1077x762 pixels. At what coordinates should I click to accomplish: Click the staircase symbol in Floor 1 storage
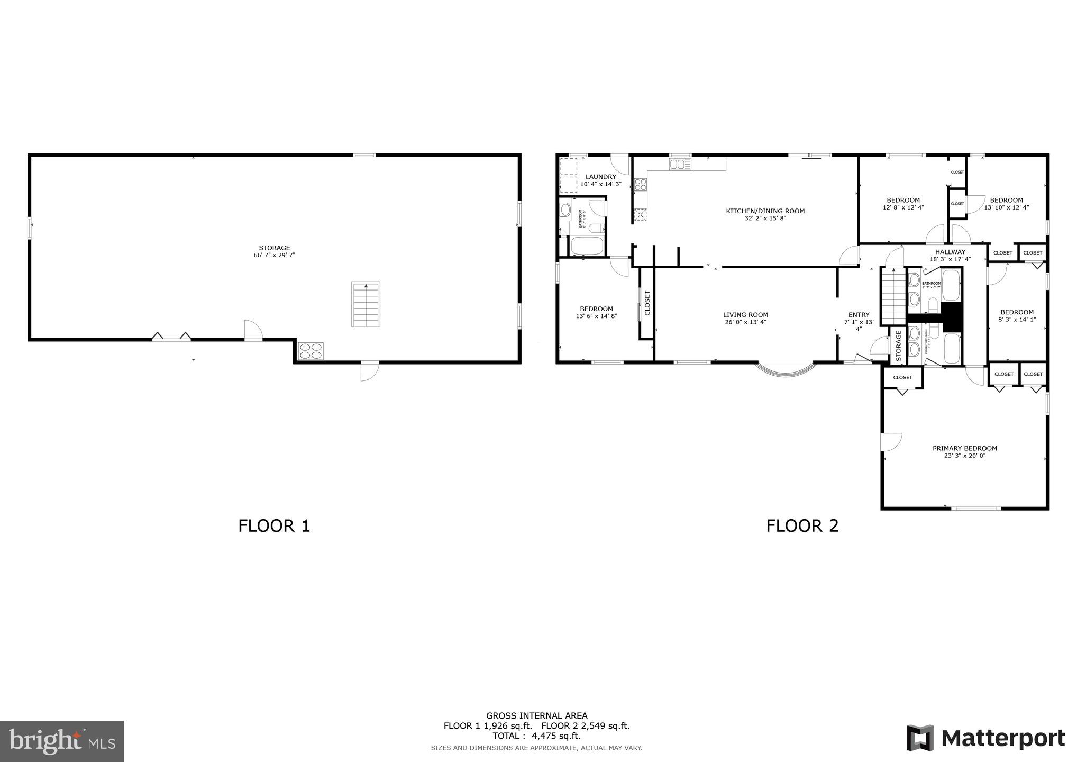[366, 304]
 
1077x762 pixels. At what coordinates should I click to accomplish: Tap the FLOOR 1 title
[273, 526]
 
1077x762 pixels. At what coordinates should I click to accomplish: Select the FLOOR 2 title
[802, 526]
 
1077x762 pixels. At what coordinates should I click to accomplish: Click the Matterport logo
[985, 738]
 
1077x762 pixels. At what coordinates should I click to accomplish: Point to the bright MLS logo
[62, 741]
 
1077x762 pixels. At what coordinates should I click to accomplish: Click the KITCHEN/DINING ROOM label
[765, 211]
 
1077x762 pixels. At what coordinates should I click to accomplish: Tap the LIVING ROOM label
[745, 315]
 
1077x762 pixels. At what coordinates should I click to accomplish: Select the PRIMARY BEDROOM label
[964, 449]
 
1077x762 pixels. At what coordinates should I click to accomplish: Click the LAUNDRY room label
[600, 177]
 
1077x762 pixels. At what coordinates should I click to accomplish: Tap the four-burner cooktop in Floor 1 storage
[311, 351]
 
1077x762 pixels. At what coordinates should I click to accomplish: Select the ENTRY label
[858, 315]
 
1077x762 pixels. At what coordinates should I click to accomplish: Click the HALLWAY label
[950, 252]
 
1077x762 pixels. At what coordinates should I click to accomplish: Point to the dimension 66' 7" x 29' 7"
[274, 255]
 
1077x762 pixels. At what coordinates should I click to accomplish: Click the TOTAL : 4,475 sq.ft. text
[536, 736]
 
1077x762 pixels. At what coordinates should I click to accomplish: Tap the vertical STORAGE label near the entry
[898, 346]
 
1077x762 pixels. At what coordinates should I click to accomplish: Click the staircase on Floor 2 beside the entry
[893, 297]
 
